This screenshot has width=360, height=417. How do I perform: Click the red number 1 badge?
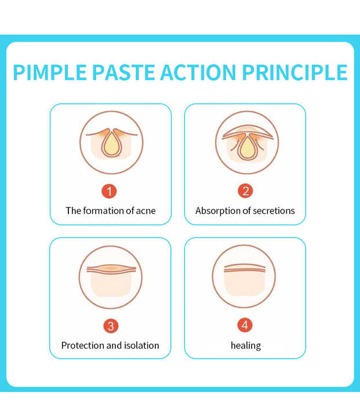pyautogui.click(x=110, y=191)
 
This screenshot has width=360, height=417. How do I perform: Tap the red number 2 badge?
pyautogui.click(x=245, y=191)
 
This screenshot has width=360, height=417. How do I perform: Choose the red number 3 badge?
pyautogui.click(x=110, y=325)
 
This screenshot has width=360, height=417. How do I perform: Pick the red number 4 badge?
pyautogui.click(x=245, y=325)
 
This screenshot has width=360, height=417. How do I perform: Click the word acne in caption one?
pyautogui.click(x=146, y=211)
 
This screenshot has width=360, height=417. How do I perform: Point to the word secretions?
pyautogui.click(x=273, y=211)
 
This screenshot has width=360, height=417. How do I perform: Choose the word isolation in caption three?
pyautogui.click(x=141, y=345)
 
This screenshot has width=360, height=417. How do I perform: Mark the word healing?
pyautogui.click(x=245, y=345)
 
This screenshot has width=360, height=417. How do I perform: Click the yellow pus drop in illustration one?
pyautogui.click(x=110, y=145)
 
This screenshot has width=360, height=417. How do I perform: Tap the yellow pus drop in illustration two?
pyautogui.click(x=246, y=148)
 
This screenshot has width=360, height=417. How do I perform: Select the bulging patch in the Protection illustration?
pyautogui.click(x=110, y=268)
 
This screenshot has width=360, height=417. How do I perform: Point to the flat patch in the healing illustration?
pyautogui.click(x=245, y=268)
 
